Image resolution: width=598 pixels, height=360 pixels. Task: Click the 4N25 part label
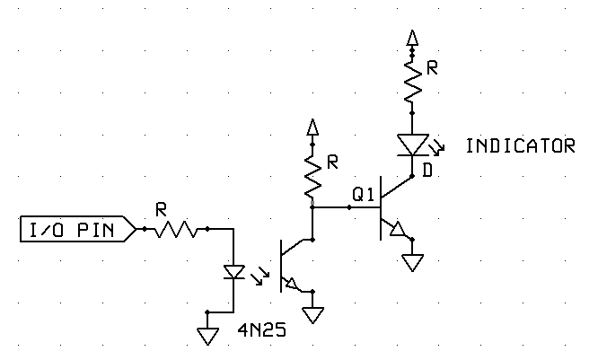coord(261,330)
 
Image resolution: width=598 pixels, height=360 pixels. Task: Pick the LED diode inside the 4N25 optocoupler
coord(233,271)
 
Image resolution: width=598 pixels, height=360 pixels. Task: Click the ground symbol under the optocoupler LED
coord(208,335)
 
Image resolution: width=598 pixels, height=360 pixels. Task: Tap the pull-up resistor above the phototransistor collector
coord(312,176)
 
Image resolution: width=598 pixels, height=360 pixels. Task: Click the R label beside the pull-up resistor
coord(332,162)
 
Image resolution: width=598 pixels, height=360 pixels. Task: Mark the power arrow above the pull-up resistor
coord(312,127)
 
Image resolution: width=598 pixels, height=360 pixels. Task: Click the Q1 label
coord(363,194)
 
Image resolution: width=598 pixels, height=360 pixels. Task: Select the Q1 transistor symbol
coord(390,208)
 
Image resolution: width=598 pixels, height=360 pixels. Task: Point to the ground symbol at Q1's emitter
coord(412,261)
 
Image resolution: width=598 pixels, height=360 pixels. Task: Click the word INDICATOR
coord(520,145)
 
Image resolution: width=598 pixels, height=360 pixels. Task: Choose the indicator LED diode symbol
coord(412,144)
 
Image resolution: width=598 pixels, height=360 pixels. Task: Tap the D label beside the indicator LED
coord(427,170)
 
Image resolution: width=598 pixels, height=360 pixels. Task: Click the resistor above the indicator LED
coord(412,81)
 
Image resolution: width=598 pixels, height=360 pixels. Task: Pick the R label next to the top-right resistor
coord(432,68)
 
